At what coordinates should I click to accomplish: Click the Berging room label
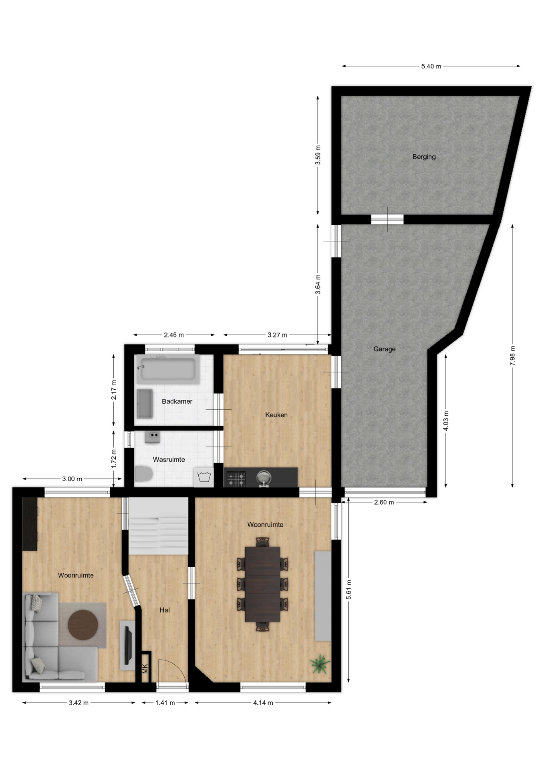pyautogui.click(x=424, y=157)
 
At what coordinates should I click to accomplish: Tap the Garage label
pyautogui.click(x=385, y=349)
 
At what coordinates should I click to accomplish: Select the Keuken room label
pyautogui.click(x=276, y=415)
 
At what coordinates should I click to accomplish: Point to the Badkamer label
pyautogui.click(x=177, y=401)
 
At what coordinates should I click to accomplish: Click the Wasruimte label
pyautogui.click(x=169, y=460)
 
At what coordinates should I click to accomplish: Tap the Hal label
pyautogui.click(x=165, y=610)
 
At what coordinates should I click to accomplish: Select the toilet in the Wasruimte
pyautogui.click(x=144, y=474)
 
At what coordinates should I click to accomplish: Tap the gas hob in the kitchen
pyautogui.click(x=236, y=479)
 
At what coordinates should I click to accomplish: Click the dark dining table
pyautogui.click(x=262, y=584)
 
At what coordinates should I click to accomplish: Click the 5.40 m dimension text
pyautogui.click(x=431, y=66)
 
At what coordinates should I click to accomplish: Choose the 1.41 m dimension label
pyautogui.click(x=165, y=703)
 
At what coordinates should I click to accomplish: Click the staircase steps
pyautogui.click(x=158, y=526)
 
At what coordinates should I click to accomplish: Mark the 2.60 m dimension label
pyautogui.click(x=384, y=502)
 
